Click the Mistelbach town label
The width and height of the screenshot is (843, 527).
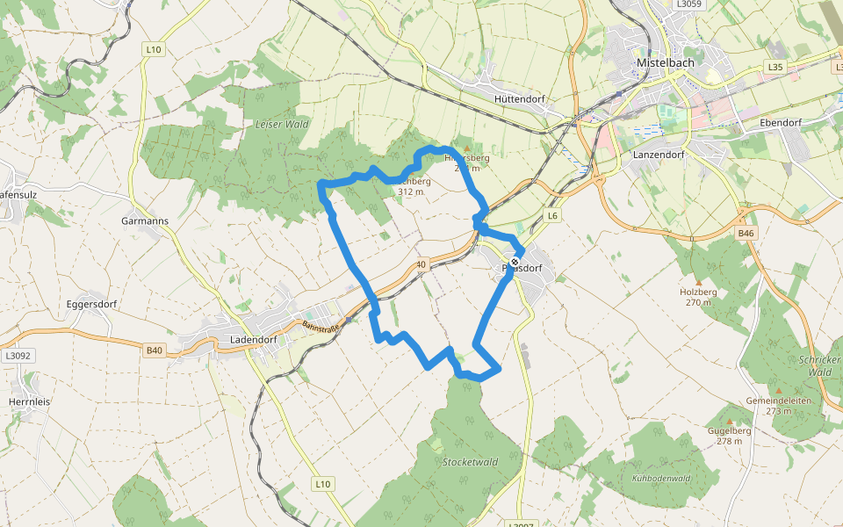pyautogui.click(x=666, y=64)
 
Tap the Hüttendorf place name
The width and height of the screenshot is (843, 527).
pyautogui.click(x=520, y=99)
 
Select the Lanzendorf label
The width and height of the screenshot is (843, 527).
pyautogui.click(x=658, y=155)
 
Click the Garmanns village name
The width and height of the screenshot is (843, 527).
pyautogui.click(x=145, y=221)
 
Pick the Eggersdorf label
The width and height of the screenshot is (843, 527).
pyautogui.click(x=92, y=304)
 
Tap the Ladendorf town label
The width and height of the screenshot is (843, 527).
pyautogui.click(x=253, y=339)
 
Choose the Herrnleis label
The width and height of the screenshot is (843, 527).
pyautogui.click(x=31, y=401)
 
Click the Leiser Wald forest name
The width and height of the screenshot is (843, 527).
pyautogui.click(x=281, y=125)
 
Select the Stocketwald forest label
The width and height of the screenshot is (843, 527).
pyautogui.click(x=470, y=462)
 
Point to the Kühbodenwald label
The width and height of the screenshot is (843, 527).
pyautogui.click(x=661, y=479)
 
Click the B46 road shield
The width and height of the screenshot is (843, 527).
pyautogui.click(x=746, y=234)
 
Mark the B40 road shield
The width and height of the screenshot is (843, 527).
pyautogui.click(x=155, y=350)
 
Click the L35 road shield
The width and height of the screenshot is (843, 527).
pyautogui.click(x=774, y=67)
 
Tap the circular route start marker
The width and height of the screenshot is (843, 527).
pyautogui.click(x=515, y=262)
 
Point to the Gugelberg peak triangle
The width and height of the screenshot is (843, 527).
pyautogui.click(x=728, y=420)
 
